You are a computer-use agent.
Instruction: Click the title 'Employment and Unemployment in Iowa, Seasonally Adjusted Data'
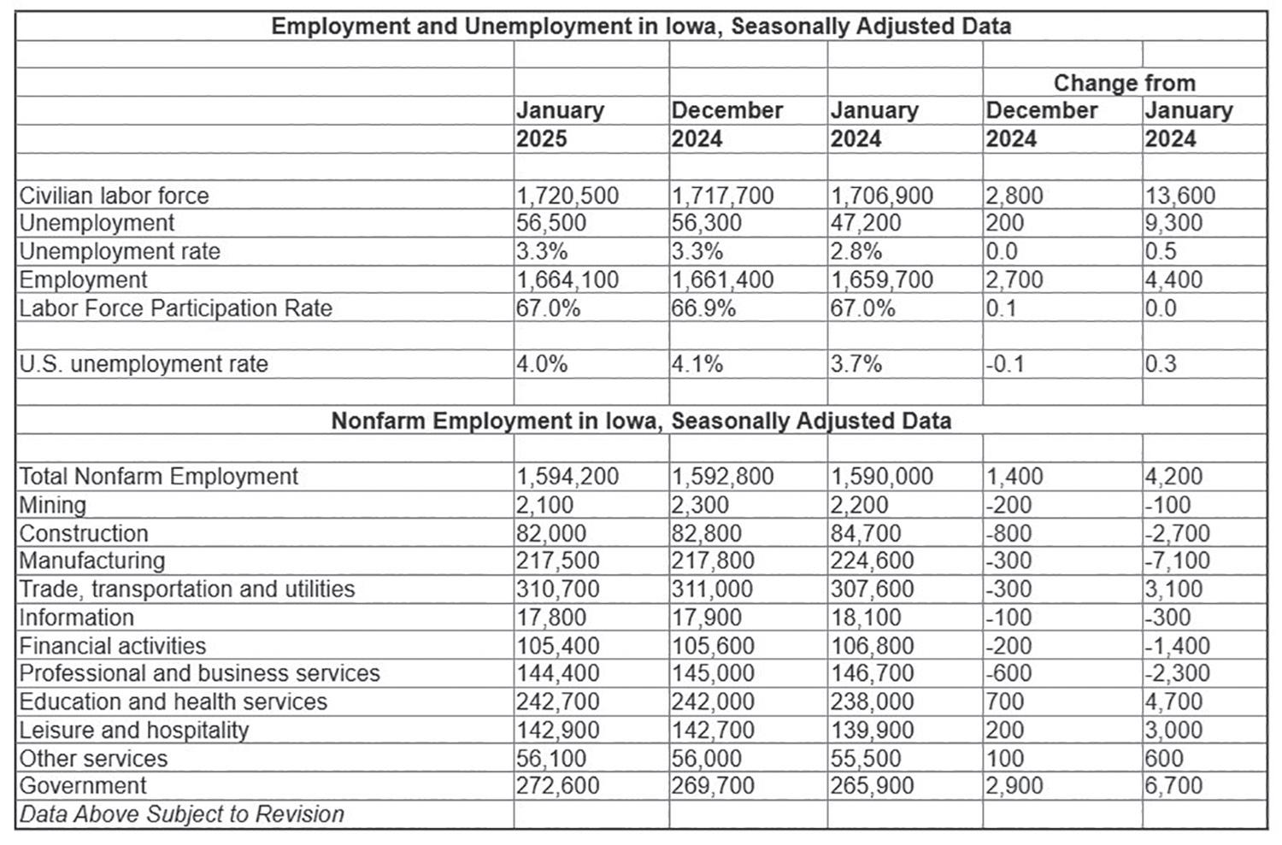pyautogui.click(x=641, y=26)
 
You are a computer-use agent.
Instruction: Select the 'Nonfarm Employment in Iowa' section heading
pyautogui.click(x=641, y=421)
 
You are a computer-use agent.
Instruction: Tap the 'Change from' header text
pyautogui.click(x=1124, y=83)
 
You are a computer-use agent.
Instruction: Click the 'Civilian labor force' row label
pyautogui.click(x=114, y=196)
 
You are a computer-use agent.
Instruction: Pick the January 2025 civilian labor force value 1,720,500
pyautogui.click(x=567, y=196)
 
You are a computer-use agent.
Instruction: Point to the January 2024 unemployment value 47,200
pyautogui.click(x=865, y=223)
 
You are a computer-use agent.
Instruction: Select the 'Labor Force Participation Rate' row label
pyautogui.click(x=175, y=308)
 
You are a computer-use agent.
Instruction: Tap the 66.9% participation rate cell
pyautogui.click(x=703, y=308)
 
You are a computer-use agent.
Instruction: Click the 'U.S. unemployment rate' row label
pyautogui.click(x=144, y=364)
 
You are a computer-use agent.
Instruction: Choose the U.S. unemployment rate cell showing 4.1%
pyautogui.click(x=697, y=364)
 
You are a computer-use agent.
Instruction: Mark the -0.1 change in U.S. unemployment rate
pyautogui.click(x=1005, y=364)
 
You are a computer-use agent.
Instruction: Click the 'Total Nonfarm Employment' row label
pyautogui.click(x=159, y=477)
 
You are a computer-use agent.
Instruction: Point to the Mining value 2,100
pyautogui.click(x=545, y=505)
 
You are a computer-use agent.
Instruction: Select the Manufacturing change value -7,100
pyautogui.click(x=1178, y=560)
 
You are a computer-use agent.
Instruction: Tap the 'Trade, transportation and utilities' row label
pyautogui.click(x=187, y=589)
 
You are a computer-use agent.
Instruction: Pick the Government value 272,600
pyautogui.click(x=558, y=785)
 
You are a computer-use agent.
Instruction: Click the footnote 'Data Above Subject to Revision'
pyautogui.click(x=182, y=813)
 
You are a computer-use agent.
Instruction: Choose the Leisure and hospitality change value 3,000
pyautogui.click(x=1173, y=730)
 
